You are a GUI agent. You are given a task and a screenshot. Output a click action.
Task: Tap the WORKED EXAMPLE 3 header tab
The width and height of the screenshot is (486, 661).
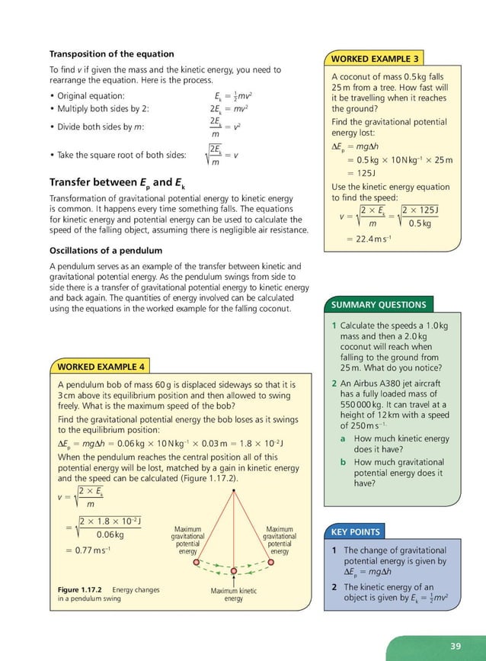coord(374,59)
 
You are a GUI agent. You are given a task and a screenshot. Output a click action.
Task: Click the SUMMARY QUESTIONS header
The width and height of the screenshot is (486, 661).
coord(379,305)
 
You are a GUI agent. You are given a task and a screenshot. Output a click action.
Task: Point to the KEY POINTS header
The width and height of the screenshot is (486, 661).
coord(356,531)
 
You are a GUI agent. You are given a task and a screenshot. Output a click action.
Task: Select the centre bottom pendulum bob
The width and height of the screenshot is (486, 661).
coord(233,572)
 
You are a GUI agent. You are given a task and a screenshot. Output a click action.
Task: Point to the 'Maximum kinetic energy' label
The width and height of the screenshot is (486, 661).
coord(233,595)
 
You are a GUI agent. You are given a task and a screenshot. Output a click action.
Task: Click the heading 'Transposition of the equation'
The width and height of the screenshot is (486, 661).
coord(112,54)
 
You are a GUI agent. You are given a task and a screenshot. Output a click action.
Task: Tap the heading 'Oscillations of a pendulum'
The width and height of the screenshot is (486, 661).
coord(106,251)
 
